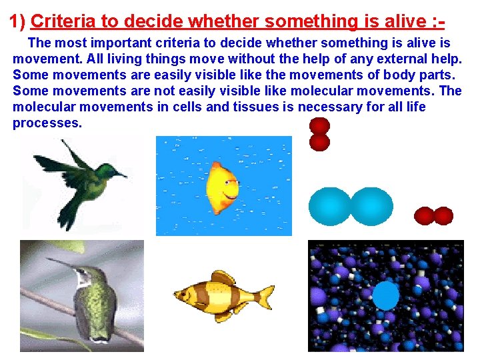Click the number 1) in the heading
coord(17,22)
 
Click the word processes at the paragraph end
coord(47,123)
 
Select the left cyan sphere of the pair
coord(329,207)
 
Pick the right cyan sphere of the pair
coord(371,207)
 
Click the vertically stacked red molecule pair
coord(320,133)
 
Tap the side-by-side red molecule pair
coord(434,216)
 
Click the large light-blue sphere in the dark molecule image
coord(385,295)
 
